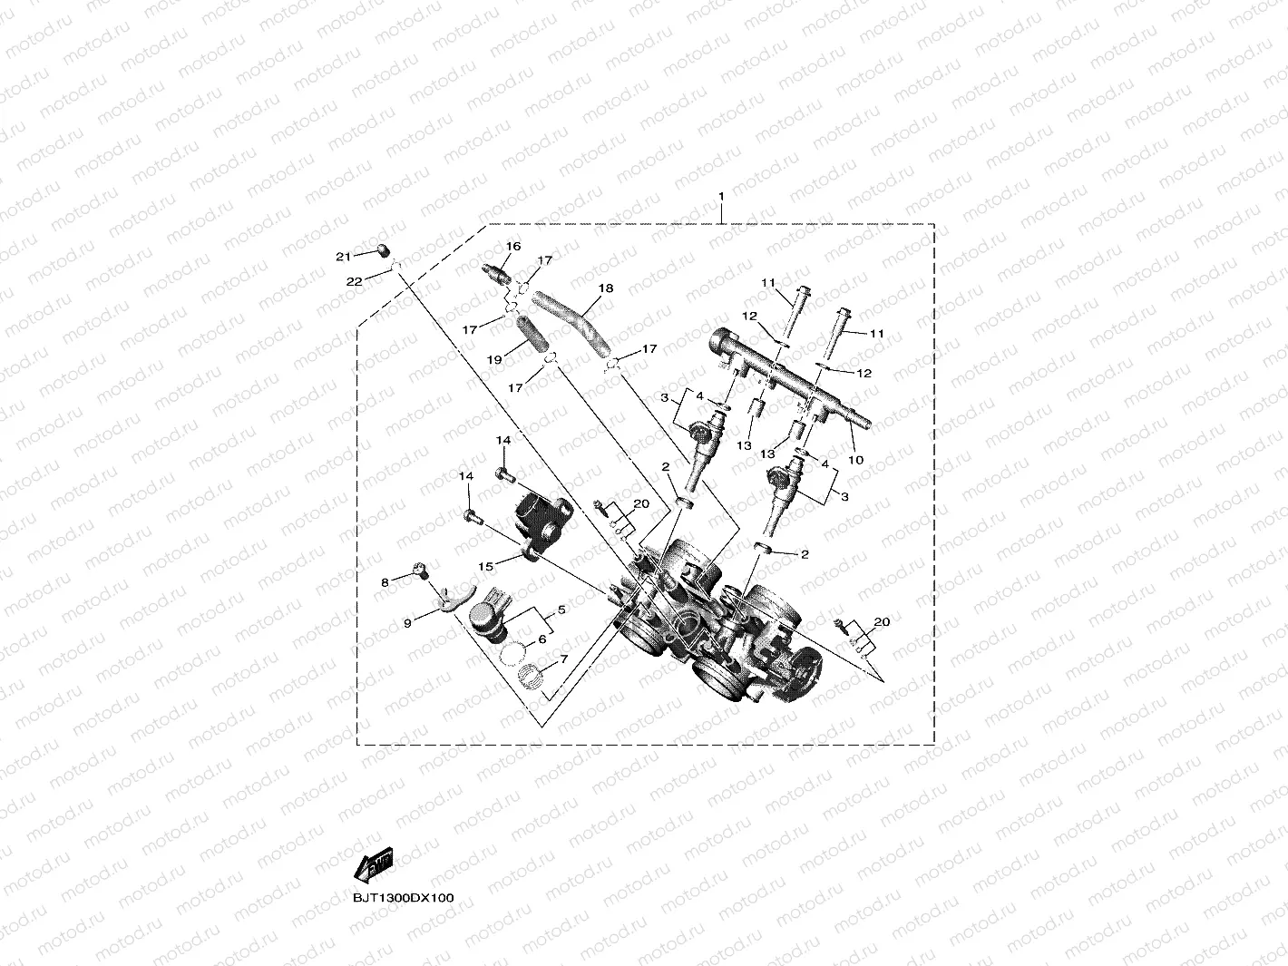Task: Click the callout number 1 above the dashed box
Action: pos(721,197)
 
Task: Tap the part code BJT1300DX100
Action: pos(404,898)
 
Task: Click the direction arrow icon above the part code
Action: pos(374,865)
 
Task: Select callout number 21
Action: pos(343,258)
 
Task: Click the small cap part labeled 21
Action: pos(383,250)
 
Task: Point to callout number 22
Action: pos(354,282)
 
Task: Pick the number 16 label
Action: pos(513,247)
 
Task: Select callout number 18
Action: pos(606,288)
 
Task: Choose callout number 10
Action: pos(855,460)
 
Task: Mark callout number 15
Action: pos(485,566)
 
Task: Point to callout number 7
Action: pos(563,659)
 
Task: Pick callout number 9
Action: pos(408,623)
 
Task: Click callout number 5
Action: pos(561,610)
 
